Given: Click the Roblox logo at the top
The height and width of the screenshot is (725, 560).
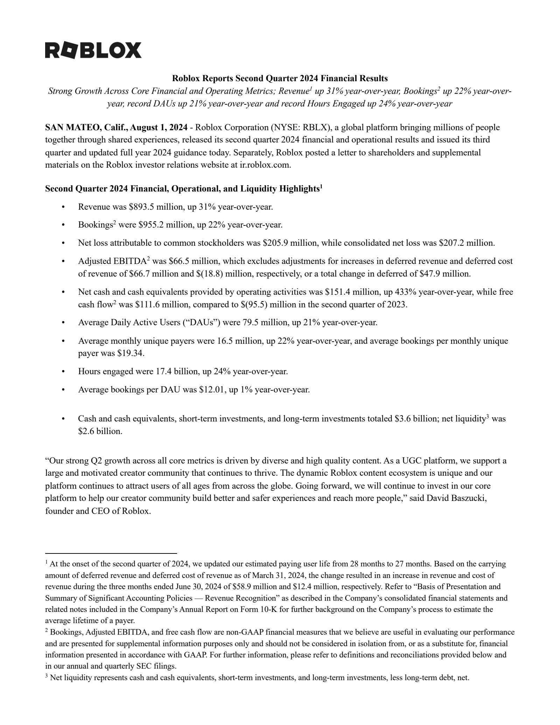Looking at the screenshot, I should tap(93, 50).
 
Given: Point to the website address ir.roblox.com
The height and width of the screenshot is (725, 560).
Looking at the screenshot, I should tap(265, 165).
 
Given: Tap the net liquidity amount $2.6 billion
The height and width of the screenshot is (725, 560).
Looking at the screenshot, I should tap(100, 431).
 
